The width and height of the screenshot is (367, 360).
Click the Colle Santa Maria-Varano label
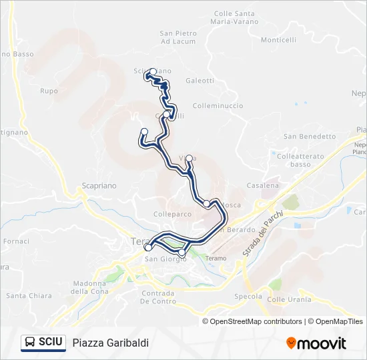click(234, 17)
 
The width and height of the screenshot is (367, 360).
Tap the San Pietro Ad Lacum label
click(178, 37)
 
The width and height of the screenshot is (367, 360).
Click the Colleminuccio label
click(218, 106)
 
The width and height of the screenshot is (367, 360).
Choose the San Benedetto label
click(310, 137)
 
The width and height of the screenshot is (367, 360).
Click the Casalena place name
click(262, 186)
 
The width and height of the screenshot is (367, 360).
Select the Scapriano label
click(99, 187)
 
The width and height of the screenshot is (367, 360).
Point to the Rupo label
click(49, 91)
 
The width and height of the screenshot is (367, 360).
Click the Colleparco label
click(172, 215)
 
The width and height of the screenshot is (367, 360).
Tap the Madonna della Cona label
click(89, 287)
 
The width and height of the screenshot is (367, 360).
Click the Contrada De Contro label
click(158, 297)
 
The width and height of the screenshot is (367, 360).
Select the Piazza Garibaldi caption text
click(110, 343)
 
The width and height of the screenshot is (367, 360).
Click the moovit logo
click(316, 343)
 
